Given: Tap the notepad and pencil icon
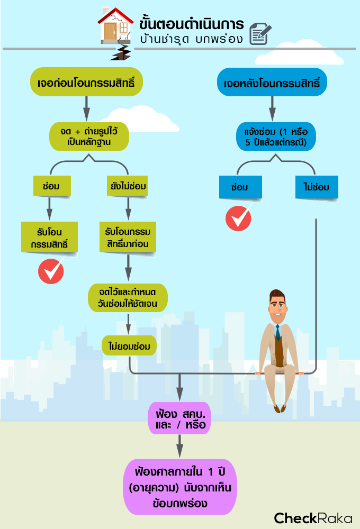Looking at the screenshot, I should (x=259, y=33).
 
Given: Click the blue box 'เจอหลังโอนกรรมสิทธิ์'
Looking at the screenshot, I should (x=272, y=83).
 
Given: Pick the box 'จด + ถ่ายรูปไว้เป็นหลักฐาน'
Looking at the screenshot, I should (x=89, y=136).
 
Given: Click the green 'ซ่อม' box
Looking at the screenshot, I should (x=50, y=187).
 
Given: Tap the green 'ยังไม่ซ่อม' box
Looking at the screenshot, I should (x=127, y=187).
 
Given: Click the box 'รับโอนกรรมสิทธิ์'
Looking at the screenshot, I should (x=49, y=236).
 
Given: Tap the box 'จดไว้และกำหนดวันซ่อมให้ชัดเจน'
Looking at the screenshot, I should (x=129, y=298).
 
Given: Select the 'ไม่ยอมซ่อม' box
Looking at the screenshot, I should (x=130, y=345).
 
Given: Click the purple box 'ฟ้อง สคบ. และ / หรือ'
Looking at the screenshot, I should (x=179, y=417).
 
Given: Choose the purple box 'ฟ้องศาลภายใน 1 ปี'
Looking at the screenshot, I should (x=179, y=487).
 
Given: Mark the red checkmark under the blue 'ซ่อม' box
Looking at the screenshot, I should (x=238, y=218).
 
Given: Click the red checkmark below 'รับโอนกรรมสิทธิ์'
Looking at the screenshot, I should (x=51, y=271).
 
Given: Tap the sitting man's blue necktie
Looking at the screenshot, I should (x=277, y=333).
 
